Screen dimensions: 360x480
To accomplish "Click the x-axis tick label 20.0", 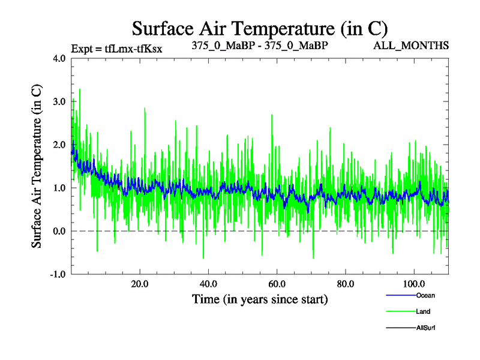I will [140, 284].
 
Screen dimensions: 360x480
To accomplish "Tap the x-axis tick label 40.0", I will [208, 284].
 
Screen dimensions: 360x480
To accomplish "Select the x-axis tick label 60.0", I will [277, 284].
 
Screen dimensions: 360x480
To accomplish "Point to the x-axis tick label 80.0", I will [345, 284].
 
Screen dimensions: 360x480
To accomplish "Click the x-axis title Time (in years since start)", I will [260, 299].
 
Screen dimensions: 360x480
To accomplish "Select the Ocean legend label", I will [425, 295].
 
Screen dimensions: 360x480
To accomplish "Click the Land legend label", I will [423, 311].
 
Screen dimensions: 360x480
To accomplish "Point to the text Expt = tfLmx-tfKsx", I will [117, 48].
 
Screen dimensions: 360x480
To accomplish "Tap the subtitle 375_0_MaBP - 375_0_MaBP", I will [260, 46].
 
